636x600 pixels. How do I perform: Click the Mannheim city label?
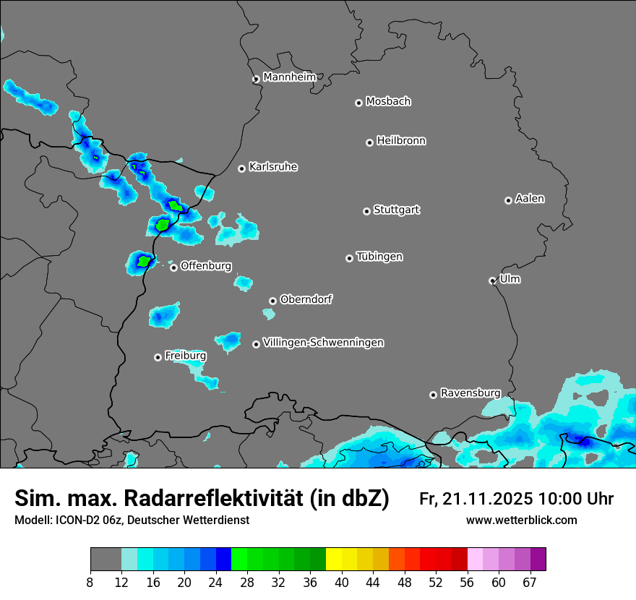click(290, 77)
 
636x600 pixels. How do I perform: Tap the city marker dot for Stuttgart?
click(366, 211)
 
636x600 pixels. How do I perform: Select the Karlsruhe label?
click(273, 167)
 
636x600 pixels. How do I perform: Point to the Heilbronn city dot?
click(369, 142)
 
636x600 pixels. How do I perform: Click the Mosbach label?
click(388, 102)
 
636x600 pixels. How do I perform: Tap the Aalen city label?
click(530, 199)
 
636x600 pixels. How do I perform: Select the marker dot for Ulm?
click(492, 280)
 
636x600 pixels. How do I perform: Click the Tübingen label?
click(379, 257)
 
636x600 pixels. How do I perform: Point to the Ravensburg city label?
click(470, 393)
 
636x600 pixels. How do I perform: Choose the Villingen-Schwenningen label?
click(323, 343)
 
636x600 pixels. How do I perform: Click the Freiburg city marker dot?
click(158, 357)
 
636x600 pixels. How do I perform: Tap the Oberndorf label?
click(306, 299)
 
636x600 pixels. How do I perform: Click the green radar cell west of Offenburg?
click(144, 261)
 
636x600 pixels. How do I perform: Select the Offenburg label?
click(206, 266)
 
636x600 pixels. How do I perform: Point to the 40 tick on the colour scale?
click(342, 582)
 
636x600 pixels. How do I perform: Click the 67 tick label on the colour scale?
click(530, 582)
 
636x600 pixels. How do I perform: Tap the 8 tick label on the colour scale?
click(90, 582)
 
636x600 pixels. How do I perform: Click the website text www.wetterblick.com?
click(521, 520)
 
